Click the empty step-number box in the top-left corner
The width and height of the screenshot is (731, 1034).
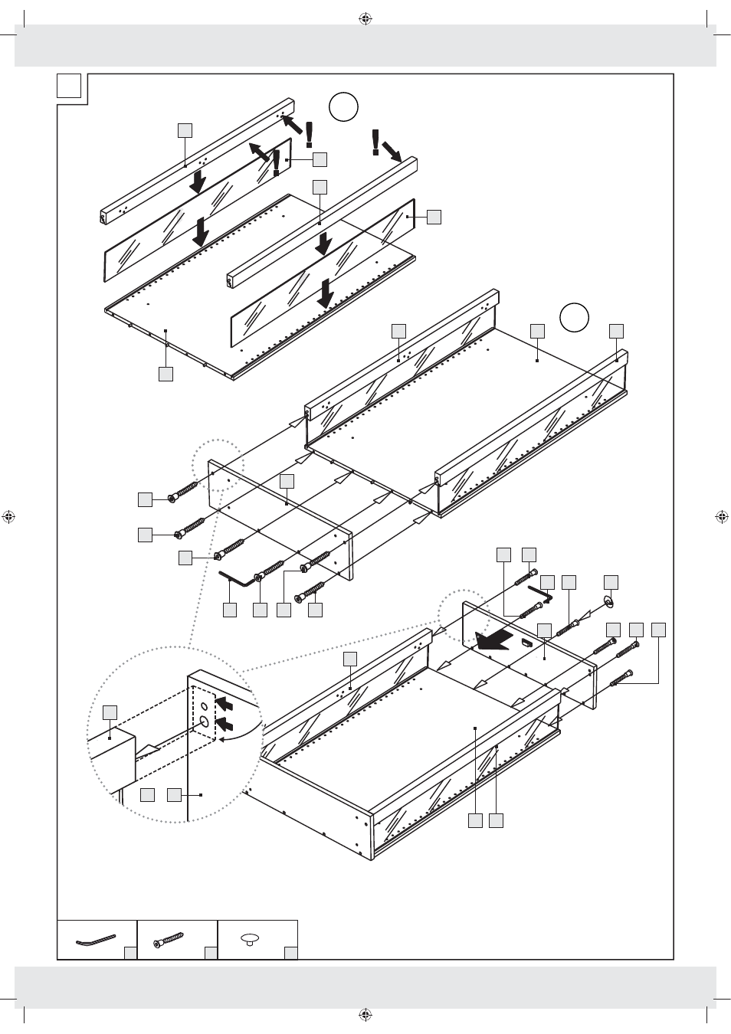pos(69,86)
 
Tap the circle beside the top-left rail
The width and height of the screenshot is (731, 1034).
pos(344,106)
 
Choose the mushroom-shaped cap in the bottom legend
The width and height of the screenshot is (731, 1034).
pos(251,940)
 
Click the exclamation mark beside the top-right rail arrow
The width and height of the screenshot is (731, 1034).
pos(375,142)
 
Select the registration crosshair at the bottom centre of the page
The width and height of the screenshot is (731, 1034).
pos(365,1015)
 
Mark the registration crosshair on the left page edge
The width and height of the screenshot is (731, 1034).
pos(9,517)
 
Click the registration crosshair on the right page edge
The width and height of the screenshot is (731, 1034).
pos(721,517)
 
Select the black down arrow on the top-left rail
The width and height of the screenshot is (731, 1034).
pos(198,182)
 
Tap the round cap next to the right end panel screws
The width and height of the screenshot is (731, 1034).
pos(608,603)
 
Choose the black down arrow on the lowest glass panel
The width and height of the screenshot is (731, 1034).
pos(326,293)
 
